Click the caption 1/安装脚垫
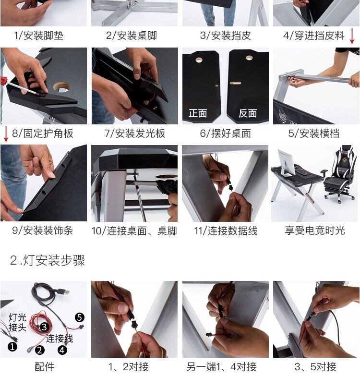pos(38,36)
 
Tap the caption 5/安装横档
pos(314,133)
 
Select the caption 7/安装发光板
pos(135,133)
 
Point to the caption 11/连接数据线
pos(226,231)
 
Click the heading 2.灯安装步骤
pos(48,260)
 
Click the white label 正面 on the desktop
pos(198,113)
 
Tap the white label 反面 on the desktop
pos(248,113)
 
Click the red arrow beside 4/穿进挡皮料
pos(352,36)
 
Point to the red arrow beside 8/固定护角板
pos(6,134)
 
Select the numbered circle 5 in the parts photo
pos(80,317)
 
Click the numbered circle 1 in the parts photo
pos(12,347)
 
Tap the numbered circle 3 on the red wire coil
pos(44,327)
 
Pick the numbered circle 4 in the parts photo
pos(62,350)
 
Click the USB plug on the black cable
pos(64,291)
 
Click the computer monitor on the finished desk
pos(287,163)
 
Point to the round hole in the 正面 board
pos(199,60)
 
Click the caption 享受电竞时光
pos(315,230)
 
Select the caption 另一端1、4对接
pos(221,367)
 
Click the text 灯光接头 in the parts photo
pos(17,322)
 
